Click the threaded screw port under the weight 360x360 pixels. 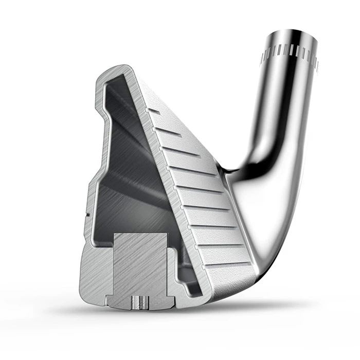138,301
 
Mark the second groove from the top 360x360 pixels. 170,133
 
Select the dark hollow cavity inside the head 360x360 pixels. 129,170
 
